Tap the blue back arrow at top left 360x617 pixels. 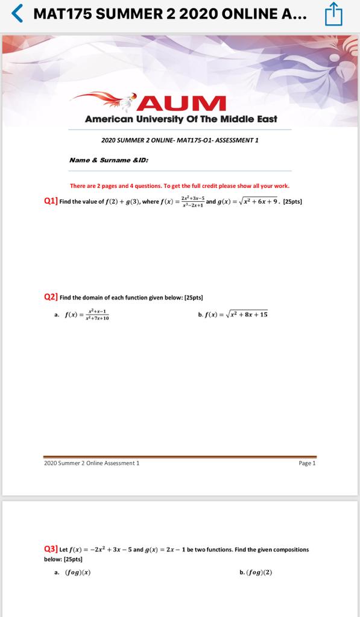coord(18,13)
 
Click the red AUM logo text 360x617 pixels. coord(181,103)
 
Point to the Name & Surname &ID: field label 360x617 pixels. coord(109,160)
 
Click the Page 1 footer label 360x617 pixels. coord(307,463)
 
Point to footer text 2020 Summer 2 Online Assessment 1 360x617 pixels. coord(92,463)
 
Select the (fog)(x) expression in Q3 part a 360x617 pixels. coord(78,572)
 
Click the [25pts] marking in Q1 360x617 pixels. coord(292,201)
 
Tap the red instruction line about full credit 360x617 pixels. coord(180,186)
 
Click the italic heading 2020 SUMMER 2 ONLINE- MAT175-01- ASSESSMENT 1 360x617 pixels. coord(180,140)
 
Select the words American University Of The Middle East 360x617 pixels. coord(181,119)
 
